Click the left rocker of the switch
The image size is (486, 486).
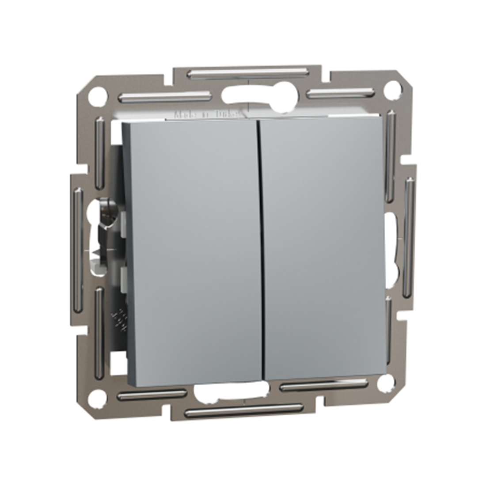click(194, 247)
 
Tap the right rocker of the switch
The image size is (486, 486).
click(323, 247)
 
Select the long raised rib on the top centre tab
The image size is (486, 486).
click(247, 72)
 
